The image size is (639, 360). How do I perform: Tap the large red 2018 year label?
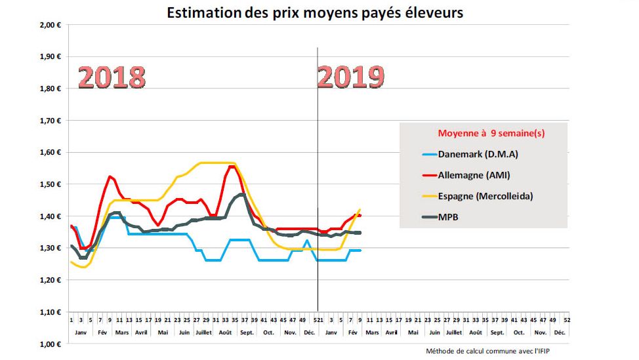[112, 77]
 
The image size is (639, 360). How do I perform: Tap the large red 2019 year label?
[351, 77]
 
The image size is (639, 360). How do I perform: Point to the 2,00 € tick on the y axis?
[49, 25]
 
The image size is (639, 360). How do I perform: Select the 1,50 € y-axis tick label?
[49, 184]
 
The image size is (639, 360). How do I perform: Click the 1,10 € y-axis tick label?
[49, 312]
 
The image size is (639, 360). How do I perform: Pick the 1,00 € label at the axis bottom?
[49, 344]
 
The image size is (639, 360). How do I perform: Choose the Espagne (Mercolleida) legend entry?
[482, 196]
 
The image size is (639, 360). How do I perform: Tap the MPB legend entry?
[449, 217]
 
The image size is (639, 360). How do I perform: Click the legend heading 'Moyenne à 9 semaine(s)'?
[491, 132]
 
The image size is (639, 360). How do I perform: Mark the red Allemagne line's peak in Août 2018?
[232, 167]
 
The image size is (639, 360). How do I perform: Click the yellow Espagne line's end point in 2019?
[360, 210]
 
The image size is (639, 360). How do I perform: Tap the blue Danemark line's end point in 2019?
[360, 250]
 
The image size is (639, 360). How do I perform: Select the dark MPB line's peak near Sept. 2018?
[242, 194]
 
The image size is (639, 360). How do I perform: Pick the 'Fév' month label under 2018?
[102, 332]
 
